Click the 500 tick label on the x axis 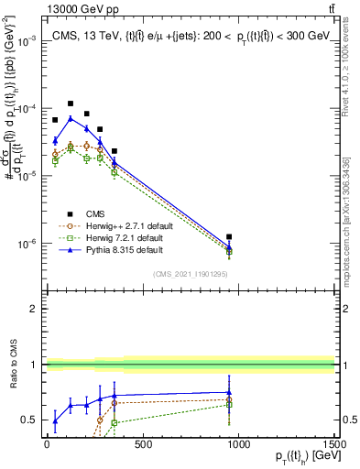tap(142, 445)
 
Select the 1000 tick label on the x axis tap(238, 445)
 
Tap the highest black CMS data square tap(71, 104)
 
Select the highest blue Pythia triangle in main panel tap(71, 118)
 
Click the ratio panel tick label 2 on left tap(32, 309)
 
